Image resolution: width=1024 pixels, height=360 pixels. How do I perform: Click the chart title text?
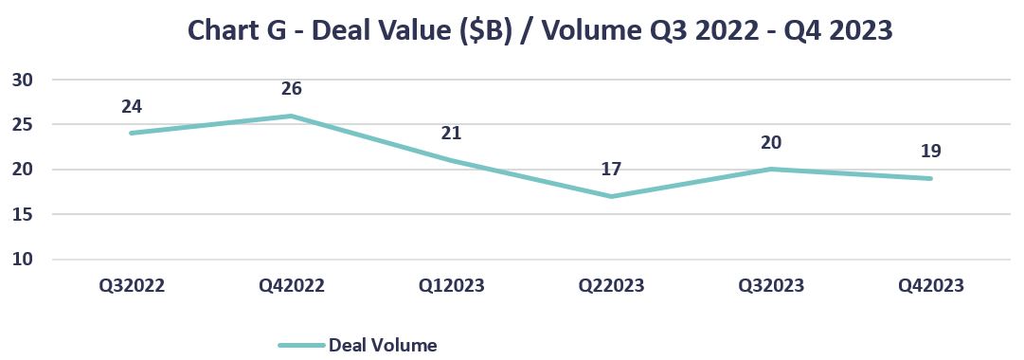540,30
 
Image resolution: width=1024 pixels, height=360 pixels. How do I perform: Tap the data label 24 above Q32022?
132,106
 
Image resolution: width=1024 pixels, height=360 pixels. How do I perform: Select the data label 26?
292,89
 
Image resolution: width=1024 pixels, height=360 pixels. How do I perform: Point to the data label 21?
451,134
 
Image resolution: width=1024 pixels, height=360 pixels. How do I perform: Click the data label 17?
611,169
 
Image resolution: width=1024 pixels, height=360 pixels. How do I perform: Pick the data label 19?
930,152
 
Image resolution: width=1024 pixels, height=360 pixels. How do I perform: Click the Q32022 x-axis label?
132,286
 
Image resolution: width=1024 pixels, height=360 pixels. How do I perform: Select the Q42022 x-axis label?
292,286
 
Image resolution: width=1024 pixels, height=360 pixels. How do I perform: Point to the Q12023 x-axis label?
451,286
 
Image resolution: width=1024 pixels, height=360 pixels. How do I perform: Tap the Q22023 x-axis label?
611,286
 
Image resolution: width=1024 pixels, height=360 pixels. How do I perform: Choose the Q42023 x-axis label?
930,286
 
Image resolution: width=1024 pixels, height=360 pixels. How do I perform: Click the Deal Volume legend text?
382,345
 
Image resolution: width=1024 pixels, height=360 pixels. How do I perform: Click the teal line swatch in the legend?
301,346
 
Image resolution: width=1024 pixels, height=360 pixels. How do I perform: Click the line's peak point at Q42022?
292,116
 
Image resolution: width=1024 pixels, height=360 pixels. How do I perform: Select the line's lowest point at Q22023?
611,196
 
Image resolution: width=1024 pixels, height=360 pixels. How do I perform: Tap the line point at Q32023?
771,170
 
